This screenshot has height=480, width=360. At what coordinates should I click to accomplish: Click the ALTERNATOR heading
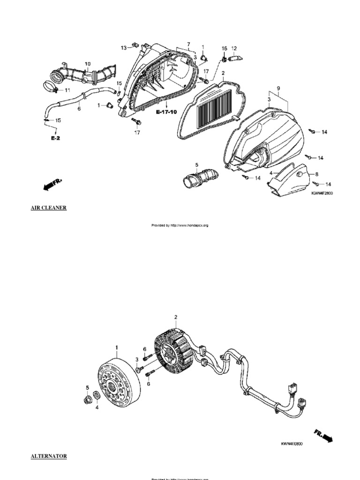[49, 456]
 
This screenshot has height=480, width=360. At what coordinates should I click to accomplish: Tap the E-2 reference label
[56, 139]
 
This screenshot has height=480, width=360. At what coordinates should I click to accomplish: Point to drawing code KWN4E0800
[292, 443]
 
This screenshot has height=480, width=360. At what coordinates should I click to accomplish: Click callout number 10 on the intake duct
[88, 63]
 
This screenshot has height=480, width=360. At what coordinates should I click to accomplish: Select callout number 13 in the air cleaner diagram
[123, 47]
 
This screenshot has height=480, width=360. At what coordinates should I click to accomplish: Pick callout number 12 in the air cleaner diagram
[234, 48]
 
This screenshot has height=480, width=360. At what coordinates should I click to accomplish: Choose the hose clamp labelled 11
[53, 86]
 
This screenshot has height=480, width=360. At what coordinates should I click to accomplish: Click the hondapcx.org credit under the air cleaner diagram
[180, 225]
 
